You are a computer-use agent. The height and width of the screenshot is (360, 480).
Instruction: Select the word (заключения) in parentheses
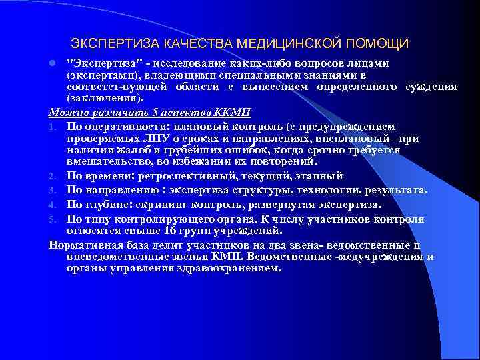tap(104, 99)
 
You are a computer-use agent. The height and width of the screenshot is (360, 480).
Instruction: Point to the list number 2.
tap(53, 176)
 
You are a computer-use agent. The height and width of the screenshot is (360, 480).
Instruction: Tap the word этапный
tap(321, 176)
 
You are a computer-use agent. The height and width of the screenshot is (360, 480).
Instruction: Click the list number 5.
tap(53, 219)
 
